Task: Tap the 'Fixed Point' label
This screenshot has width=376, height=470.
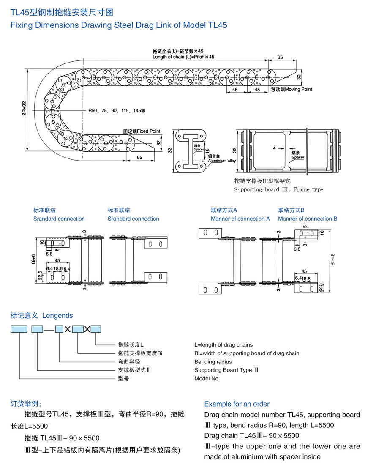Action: (x=148, y=131)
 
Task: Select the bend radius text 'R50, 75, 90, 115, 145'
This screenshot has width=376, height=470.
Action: (x=117, y=110)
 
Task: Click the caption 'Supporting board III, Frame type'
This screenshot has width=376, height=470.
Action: (x=278, y=190)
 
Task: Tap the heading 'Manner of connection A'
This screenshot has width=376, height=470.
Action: (x=240, y=219)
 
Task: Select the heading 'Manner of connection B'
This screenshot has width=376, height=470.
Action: (x=308, y=219)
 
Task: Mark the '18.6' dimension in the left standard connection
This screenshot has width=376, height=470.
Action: (x=58, y=268)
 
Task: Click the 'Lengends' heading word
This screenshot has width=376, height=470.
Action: (x=57, y=316)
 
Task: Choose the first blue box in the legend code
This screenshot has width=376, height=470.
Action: (x=19, y=329)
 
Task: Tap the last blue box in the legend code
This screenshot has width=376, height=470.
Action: (x=96, y=329)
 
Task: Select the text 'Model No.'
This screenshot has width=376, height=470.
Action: (x=207, y=378)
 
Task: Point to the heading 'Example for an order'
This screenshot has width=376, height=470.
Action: (x=237, y=404)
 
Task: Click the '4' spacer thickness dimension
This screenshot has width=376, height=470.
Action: (x=274, y=148)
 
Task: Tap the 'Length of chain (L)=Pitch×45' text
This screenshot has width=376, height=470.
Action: (x=183, y=57)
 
